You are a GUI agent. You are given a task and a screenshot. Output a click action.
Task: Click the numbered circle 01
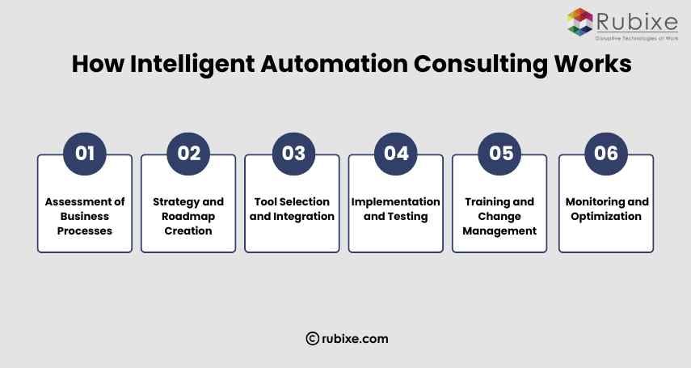85,153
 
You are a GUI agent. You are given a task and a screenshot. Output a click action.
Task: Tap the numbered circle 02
188,153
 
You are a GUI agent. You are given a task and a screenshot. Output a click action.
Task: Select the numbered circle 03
293,153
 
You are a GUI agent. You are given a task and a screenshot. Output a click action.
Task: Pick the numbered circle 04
396,153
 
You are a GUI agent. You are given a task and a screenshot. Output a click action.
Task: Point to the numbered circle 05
500,153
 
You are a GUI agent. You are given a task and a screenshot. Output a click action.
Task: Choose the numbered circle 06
605,153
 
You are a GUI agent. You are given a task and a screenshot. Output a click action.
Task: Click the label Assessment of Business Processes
84,216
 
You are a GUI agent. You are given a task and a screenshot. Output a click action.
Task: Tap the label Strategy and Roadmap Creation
188,216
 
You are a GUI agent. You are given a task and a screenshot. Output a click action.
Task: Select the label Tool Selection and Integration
292,209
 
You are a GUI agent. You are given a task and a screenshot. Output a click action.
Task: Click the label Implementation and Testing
396,209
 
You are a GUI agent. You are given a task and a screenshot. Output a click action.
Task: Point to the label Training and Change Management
499,216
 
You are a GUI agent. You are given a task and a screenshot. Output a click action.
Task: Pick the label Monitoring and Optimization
606,209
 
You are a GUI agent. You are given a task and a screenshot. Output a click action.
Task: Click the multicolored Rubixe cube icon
579,21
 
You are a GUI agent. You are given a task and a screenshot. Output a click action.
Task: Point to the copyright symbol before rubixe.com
311,339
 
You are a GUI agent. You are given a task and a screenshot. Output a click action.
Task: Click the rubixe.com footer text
354,339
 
